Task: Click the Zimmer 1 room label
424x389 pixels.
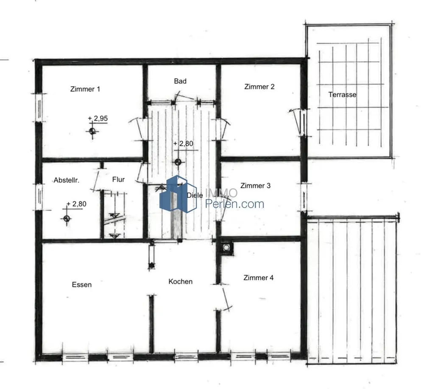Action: [x=85, y=89]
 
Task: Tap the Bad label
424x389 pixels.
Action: [x=180, y=81]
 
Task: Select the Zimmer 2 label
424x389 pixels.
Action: [x=259, y=87]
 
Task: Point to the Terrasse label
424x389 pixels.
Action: [x=342, y=95]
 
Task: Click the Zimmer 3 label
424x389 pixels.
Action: [x=255, y=186]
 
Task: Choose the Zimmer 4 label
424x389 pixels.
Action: [x=258, y=278]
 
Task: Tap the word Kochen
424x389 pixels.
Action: [x=180, y=282]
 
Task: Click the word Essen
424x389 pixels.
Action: [x=82, y=285]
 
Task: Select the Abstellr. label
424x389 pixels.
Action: [x=67, y=180]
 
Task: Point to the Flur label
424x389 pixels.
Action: [x=118, y=179]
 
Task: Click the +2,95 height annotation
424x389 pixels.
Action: [x=98, y=118]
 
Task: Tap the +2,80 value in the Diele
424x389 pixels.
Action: [x=183, y=143]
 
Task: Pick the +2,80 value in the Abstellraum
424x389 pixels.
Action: [x=76, y=204]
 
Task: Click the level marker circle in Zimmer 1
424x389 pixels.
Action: [x=92, y=131]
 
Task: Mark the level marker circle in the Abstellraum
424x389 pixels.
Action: [x=67, y=218]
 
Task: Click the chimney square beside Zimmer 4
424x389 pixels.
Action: [x=226, y=248]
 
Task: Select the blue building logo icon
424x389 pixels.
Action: [x=178, y=194]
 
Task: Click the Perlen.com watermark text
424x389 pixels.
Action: [x=235, y=204]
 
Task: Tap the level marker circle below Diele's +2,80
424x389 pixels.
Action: [x=178, y=162]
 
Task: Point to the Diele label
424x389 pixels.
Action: [x=195, y=195]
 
